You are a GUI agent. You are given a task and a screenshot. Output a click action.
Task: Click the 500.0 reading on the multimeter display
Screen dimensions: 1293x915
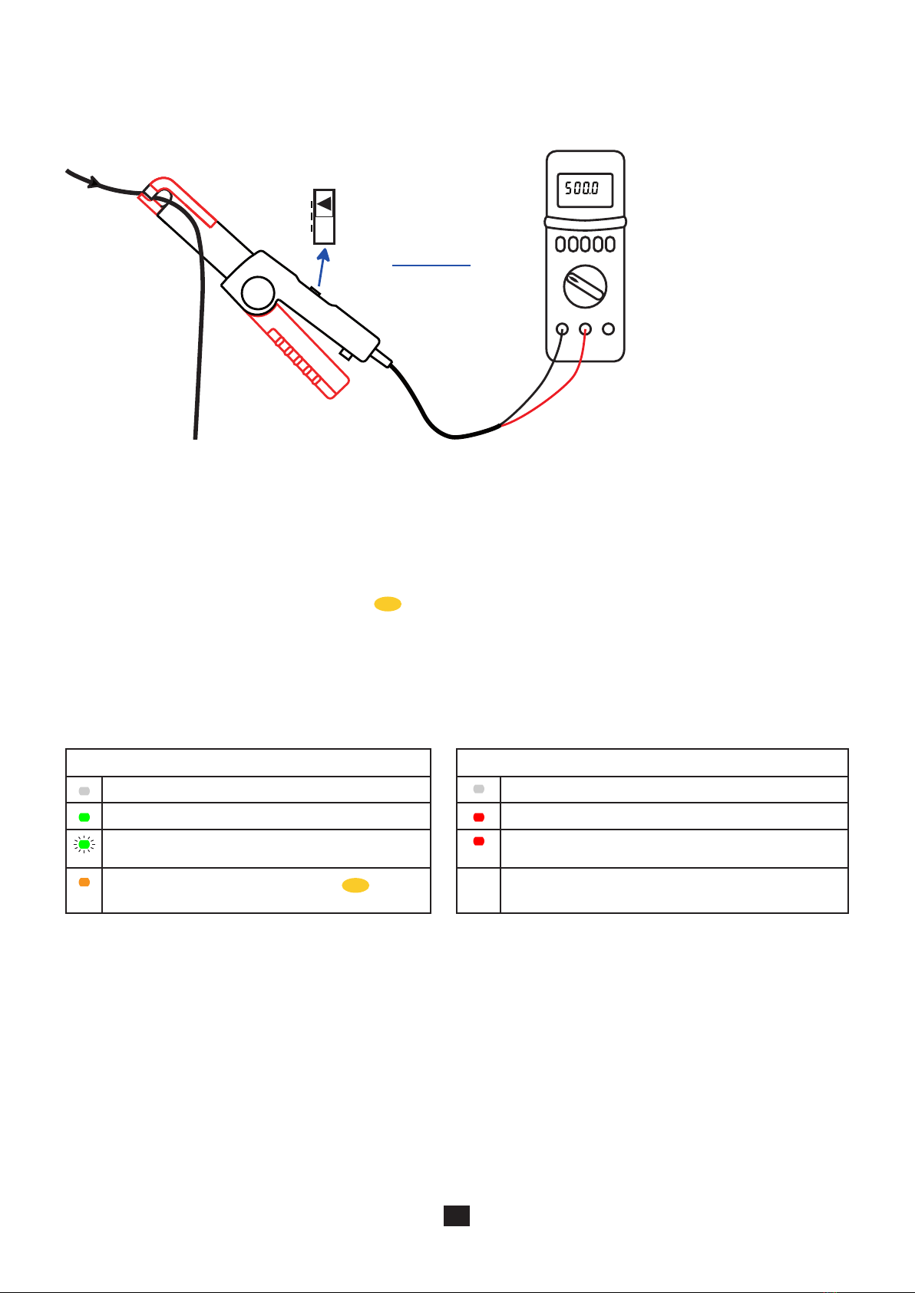(583, 188)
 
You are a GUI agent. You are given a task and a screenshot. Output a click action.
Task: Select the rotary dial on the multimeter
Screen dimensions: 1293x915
(585, 287)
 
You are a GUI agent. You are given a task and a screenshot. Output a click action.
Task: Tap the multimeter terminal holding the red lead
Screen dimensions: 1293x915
(585, 329)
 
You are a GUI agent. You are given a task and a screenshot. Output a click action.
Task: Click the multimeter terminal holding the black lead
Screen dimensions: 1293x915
(562, 329)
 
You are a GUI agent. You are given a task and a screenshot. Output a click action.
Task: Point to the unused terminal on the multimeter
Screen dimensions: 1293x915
(609, 329)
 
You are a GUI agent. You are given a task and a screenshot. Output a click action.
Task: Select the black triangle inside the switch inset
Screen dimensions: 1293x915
(325, 204)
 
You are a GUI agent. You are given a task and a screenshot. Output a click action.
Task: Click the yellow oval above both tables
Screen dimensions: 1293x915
(388, 605)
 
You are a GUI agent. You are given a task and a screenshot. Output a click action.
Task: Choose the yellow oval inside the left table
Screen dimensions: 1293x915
(355, 886)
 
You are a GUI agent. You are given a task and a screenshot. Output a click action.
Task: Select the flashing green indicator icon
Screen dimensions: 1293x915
(84, 845)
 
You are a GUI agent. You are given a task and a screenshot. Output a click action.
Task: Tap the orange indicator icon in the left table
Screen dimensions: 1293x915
(84, 882)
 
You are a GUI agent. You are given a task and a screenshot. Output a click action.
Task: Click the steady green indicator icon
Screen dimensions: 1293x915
(84, 817)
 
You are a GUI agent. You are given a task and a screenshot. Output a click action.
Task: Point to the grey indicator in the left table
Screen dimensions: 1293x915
(84, 790)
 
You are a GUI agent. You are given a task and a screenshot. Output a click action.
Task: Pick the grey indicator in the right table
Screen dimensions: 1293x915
(479, 789)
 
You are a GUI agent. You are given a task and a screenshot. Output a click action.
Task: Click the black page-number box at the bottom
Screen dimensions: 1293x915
(457, 1215)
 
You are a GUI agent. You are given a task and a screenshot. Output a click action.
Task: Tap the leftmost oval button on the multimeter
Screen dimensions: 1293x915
(561, 245)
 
